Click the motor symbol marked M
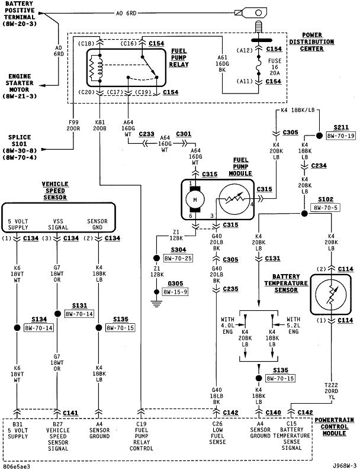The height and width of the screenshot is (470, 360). [x=195, y=199]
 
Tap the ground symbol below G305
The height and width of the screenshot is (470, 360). [x=156, y=303]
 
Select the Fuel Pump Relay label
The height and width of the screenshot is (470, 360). [x=179, y=57]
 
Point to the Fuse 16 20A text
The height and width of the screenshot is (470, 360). [x=275, y=67]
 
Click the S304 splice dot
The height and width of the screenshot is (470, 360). [x=156, y=257]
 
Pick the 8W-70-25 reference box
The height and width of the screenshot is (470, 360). [x=178, y=258]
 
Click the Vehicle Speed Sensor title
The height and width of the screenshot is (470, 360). [x=55, y=191]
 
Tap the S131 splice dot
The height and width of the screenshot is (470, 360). [x=57, y=314]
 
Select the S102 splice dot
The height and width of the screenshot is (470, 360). [x=304, y=214]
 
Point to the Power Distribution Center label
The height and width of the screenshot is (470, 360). [x=311, y=41]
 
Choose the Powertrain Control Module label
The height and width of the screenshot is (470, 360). [x=334, y=427]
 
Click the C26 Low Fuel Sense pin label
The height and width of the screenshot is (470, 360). [x=217, y=433]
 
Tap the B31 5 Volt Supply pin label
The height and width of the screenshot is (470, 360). [x=18, y=430]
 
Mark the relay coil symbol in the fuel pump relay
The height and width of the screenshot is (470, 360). [x=97, y=68]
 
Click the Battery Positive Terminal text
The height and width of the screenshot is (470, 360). [x=20, y=14]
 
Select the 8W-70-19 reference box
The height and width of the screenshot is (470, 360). [x=340, y=136]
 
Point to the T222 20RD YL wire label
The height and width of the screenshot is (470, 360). [x=331, y=391]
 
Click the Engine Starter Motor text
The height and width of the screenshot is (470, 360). [x=20, y=86]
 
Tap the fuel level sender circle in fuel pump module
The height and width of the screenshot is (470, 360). [x=234, y=199]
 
